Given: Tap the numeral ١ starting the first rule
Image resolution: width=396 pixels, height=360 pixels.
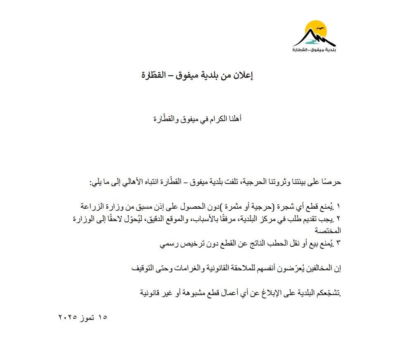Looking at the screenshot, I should point(341,205).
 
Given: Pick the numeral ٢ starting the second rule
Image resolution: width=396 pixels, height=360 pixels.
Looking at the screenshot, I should point(341,218).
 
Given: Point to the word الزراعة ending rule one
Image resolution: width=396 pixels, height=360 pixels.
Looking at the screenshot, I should point(92,205).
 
